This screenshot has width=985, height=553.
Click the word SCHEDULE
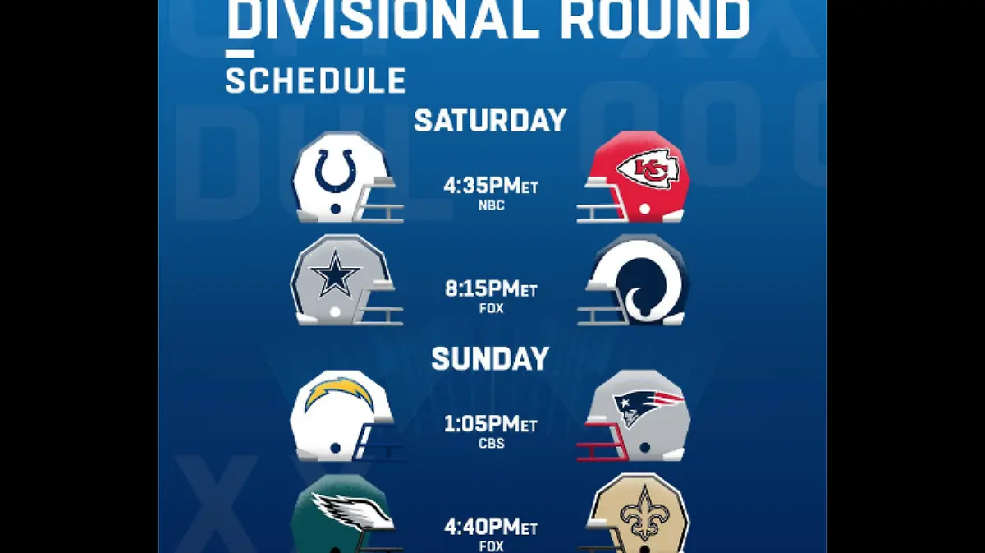316,81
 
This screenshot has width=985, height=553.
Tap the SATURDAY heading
490,121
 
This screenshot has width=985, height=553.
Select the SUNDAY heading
490,358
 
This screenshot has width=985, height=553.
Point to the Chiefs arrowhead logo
648,169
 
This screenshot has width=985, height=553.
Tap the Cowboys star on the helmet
336,274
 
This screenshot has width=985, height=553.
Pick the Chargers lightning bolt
339,394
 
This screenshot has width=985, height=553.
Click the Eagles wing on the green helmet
352,512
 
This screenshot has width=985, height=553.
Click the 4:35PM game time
490,186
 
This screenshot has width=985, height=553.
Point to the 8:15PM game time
491,289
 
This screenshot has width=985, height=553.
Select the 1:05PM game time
491,424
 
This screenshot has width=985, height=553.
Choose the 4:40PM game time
491,527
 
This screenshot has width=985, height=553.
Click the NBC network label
491,205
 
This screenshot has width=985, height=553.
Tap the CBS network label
491,444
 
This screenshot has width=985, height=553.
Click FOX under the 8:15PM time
491,308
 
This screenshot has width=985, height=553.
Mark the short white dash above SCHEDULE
240,53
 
